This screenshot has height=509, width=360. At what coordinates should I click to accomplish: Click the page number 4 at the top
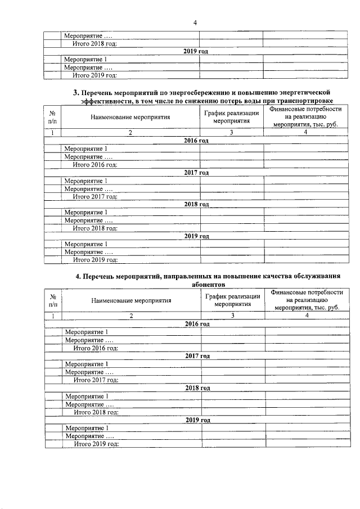coord(195,23)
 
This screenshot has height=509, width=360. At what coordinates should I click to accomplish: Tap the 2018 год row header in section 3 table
coord(196,204)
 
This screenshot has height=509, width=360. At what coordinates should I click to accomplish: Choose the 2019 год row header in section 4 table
coord(197,420)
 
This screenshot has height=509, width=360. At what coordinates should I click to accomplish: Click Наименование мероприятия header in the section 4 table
coord(131,300)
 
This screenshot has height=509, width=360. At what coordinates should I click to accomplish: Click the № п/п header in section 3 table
coord(52,117)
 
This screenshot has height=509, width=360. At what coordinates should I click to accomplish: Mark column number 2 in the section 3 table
coord(130,132)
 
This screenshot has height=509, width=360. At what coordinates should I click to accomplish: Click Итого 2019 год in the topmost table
coord(95,75)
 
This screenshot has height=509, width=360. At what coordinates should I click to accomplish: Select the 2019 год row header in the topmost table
coord(196,51)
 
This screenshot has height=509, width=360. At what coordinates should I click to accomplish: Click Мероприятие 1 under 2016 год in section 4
coord(87,332)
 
